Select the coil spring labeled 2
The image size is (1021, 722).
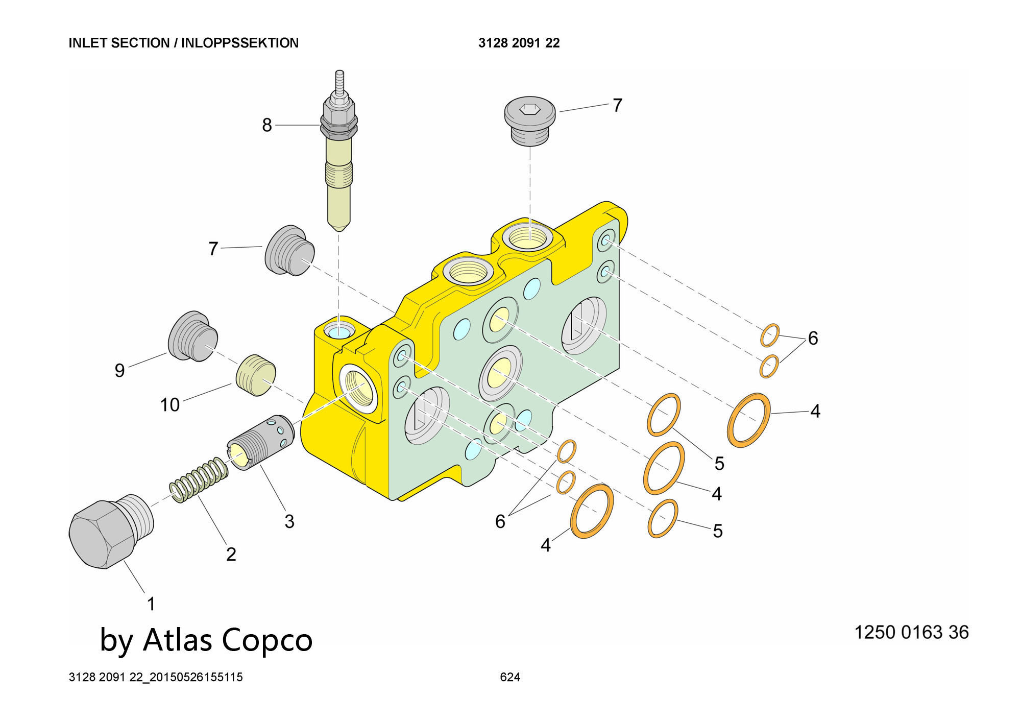point(199,480)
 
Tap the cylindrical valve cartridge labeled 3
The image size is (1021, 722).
point(260,442)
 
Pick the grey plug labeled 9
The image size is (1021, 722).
point(193,336)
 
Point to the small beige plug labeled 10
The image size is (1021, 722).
point(256,375)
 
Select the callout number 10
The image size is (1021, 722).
point(169,405)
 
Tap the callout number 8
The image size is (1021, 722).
point(266,125)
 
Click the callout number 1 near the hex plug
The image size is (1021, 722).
point(151,604)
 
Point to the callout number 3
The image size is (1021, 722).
point(289,521)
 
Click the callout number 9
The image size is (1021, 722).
point(119,370)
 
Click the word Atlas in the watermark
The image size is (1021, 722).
point(178,640)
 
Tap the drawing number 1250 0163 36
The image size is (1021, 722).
point(911,632)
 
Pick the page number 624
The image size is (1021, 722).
point(510,677)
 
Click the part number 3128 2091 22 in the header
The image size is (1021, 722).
point(519,43)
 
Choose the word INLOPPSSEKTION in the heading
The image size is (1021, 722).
point(240,43)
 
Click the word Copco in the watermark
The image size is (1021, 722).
point(267,640)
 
